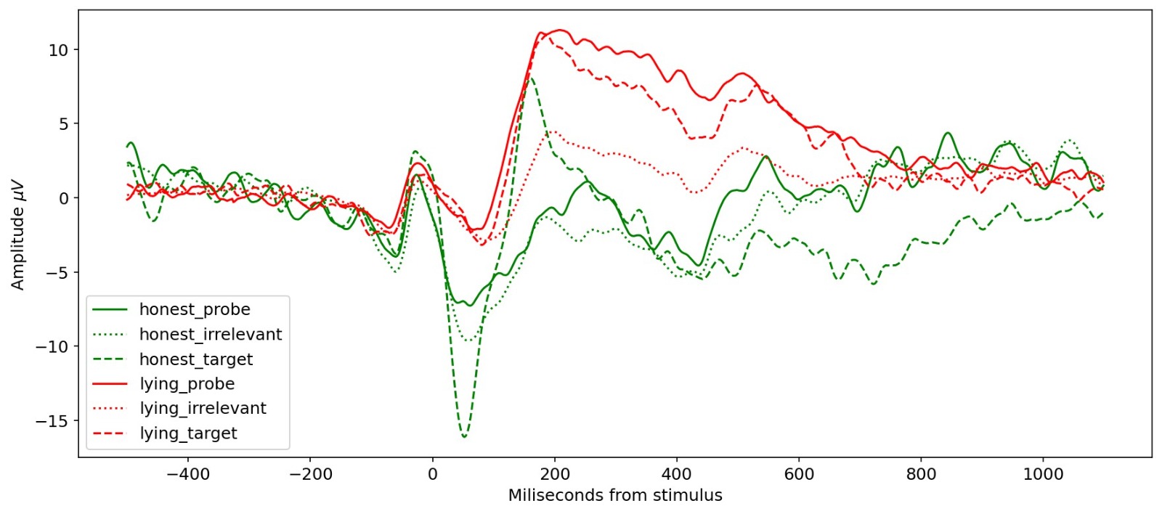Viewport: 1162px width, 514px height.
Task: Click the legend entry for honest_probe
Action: tap(195, 309)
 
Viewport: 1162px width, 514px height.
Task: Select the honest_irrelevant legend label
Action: tap(210, 334)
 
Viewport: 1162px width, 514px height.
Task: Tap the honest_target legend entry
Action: tap(196, 359)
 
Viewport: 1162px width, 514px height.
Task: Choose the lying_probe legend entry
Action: tap(187, 384)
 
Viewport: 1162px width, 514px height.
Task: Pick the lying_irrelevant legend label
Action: tap(203, 409)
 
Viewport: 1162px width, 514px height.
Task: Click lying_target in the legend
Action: tap(188, 433)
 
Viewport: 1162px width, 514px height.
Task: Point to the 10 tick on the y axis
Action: tap(58, 50)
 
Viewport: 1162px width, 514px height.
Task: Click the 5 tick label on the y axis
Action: tap(63, 124)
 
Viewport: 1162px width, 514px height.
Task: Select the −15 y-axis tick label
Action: tap(52, 421)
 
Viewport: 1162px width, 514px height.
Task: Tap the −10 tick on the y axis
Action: tap(52, 347)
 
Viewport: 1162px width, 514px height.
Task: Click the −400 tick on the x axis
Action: tap(188, 474)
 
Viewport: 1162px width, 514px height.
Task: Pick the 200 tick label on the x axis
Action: tap(555, 474)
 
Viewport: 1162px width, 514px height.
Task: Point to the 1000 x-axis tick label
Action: tap(1043, 474)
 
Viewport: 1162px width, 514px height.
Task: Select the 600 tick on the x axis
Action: tap(799, 474)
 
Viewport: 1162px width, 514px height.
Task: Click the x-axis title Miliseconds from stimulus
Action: tap(615, 495)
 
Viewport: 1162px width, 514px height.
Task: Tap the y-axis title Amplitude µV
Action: tap(18, 234)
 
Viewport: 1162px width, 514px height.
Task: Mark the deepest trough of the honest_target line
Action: tap(464, 437)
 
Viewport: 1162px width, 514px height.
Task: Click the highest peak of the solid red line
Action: tap(559, 30)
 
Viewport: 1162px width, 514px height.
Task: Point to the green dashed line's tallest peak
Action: tap(532, 78)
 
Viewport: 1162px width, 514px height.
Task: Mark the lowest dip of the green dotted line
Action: tap(471, 340)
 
